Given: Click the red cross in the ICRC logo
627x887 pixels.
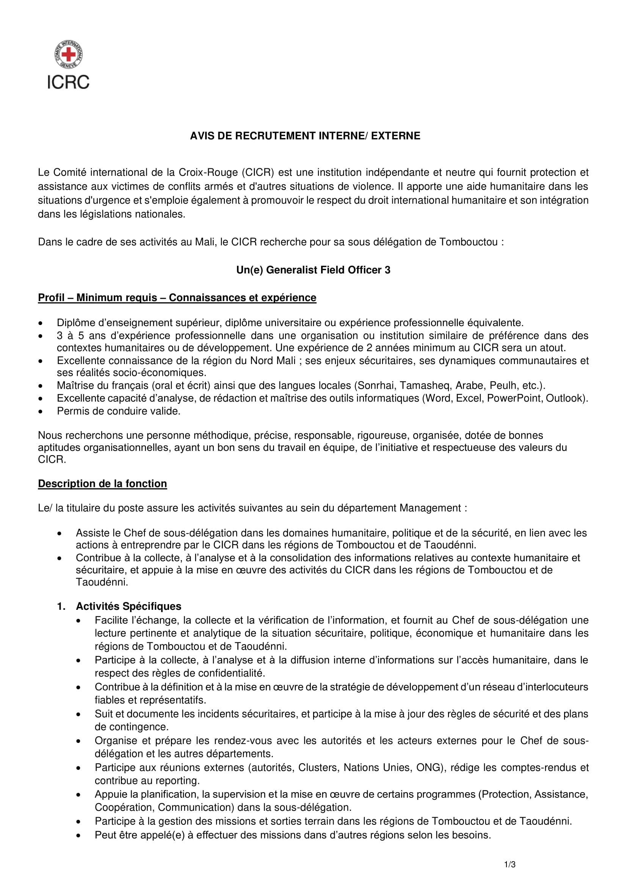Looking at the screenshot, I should (x=68, y=55).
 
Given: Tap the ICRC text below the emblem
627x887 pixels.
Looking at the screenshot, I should (x=68, y=82).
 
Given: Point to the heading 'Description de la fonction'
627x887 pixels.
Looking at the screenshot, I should (x=102, y=484).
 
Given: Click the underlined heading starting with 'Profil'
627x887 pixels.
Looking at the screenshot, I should (x=177, y=297).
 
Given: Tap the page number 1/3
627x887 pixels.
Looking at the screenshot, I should (x=509, y=865).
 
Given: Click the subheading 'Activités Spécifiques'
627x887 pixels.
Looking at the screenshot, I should (x=129, y=606).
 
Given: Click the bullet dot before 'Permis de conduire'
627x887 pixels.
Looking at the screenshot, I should (x=41, y=412).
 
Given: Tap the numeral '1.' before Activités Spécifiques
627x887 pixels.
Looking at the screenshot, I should (x=61, y=606).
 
